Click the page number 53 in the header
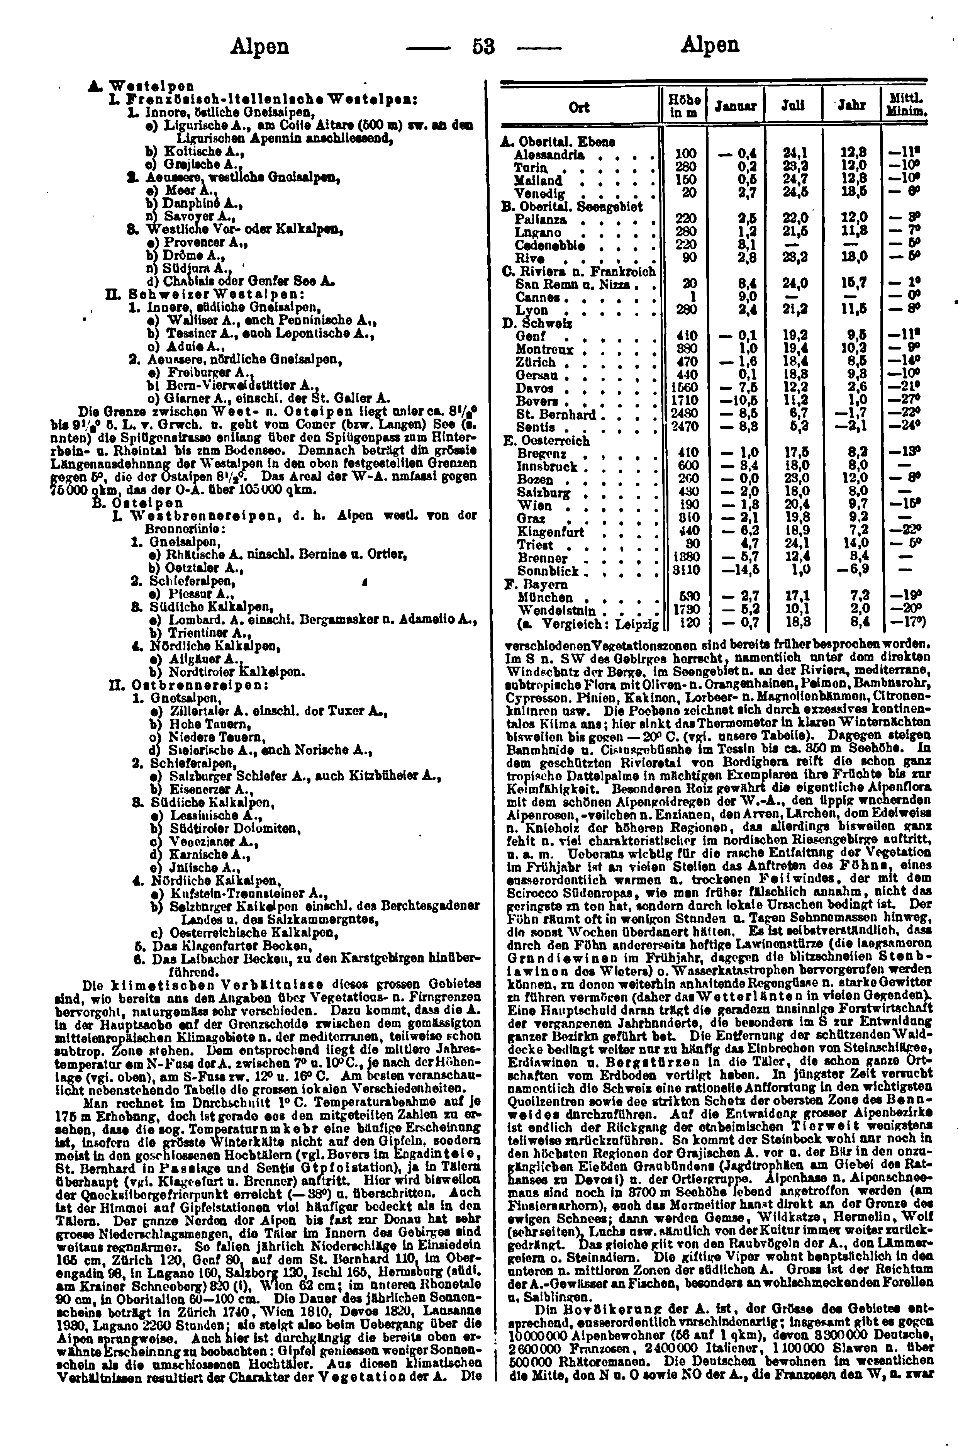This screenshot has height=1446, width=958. coord(483,46)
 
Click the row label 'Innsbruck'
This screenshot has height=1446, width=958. coord(547,466)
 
